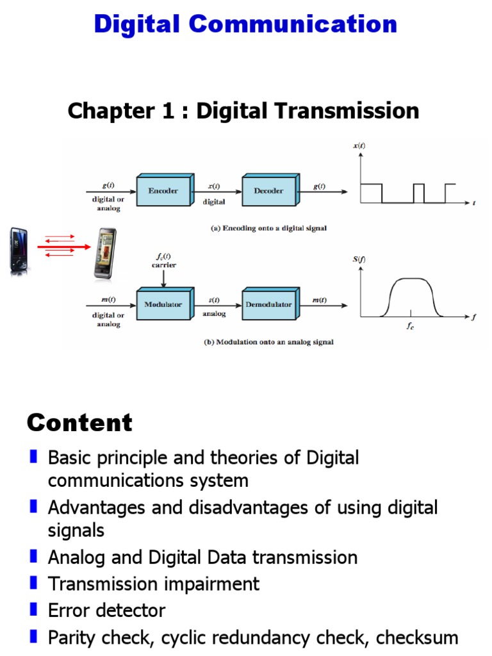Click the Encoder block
pos(163,190)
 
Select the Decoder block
pos(268,190)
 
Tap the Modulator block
pos(163,304)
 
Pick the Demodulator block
pos(268,304)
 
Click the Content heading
pos(79,423)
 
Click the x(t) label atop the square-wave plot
pos(359,146)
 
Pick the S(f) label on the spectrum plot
pos(359,260)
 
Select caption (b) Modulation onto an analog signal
pos(268,342)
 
